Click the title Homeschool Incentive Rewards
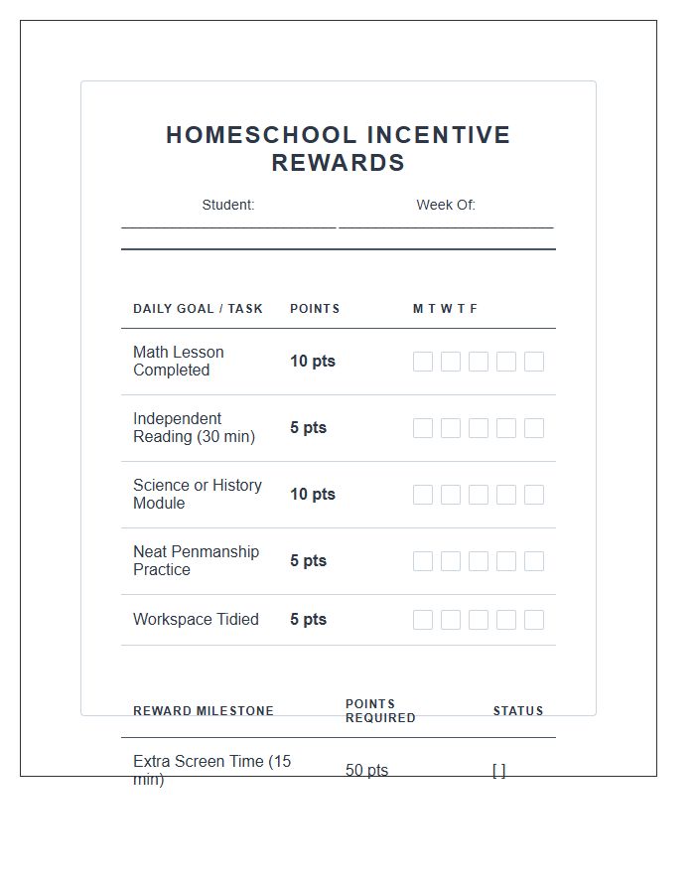tap(338, 149)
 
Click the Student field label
tap(228, 205)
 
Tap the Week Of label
tap(446, 205)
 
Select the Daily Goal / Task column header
tap(198, 309)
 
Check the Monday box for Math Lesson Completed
tap(423, 362)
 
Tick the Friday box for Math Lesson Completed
tap(534, 362)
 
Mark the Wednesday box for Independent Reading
tap(479, 428)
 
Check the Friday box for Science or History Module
tap(534, 495)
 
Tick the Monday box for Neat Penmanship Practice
tap(423, 561)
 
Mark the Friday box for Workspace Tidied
tap(534, 620)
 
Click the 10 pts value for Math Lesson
tap(313, 362)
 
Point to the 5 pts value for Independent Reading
tap(308, 428)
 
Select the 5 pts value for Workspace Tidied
tap(308, 620)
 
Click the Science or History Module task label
tap(198, 494)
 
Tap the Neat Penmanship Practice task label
tap(196, 560)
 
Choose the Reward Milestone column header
tap(204, 711)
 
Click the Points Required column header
tap(380, 711)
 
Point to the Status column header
tap(518, 711)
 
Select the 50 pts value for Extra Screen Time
tap(366, 770)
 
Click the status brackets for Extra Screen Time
tap(498, 770)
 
